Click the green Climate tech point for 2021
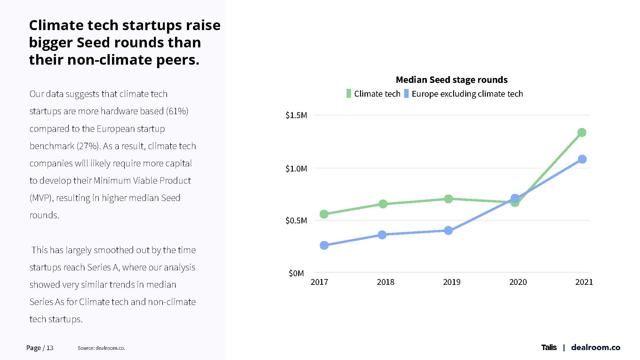582,132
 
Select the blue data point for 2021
582,159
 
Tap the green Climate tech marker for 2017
324,214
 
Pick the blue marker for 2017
324,245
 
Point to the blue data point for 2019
448,230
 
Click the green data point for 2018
383,204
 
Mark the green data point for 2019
448,199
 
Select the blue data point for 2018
382,235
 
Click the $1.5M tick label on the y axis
296,115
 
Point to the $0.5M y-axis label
296,220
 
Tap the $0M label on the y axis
296,273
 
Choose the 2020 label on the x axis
518,282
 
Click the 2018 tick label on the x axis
385,282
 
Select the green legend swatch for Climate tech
348,94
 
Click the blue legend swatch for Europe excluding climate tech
406,94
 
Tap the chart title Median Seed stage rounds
452,80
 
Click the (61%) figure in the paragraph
177,111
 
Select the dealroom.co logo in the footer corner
596,348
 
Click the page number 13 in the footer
50,348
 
